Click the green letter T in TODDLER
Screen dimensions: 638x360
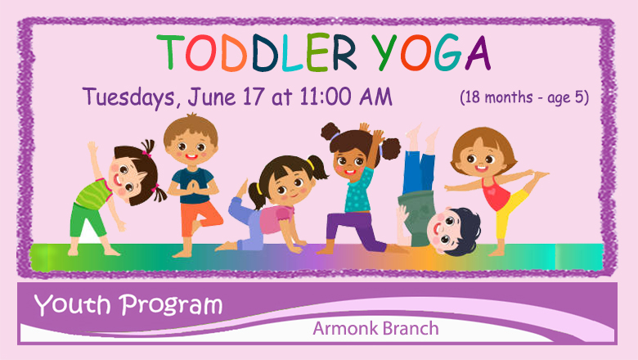tap(170, 52)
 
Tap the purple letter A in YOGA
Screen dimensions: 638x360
tap(478, 53)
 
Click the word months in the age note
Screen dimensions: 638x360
tap(509, 97)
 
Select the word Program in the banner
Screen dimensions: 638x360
tap(171, 306)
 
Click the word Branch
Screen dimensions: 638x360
tap(411, 328)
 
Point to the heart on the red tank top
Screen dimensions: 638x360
tap(492, 191)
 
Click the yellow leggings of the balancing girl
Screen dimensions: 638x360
tap(509, 214)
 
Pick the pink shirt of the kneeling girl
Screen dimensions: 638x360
tap(276, 219)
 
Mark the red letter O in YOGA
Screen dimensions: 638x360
tap(416, 53)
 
